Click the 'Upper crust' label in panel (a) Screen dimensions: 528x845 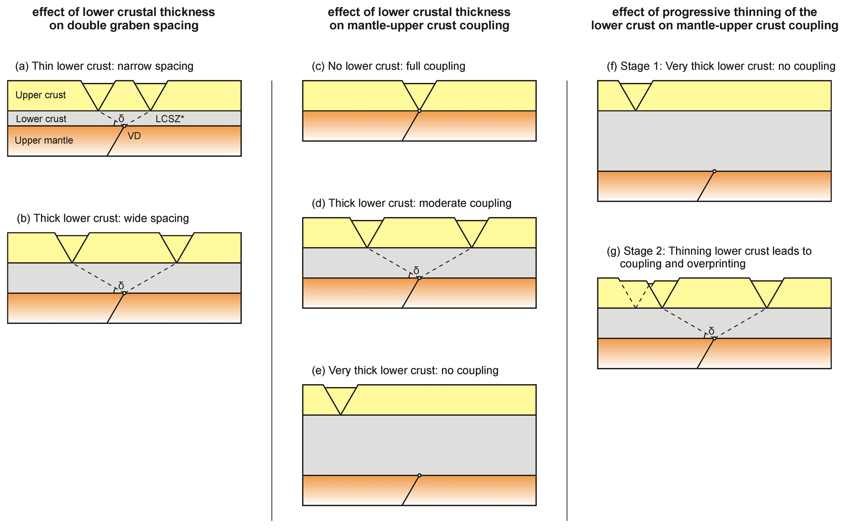pos(40,95)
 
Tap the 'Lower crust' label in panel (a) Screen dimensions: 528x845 pos(41,119)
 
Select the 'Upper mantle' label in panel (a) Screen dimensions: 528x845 pos(44,141)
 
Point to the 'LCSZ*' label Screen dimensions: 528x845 pos(170,119)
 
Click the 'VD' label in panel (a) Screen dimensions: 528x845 pos(134,136)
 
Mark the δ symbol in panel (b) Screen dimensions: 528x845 pos(121,286)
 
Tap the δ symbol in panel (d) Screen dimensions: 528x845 pos(416,271)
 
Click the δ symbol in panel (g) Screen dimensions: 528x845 pos(711,331)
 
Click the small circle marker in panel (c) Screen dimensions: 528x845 pos(419,111)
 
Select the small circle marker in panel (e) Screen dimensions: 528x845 pos(419,475)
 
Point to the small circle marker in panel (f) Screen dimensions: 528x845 pos(714,171)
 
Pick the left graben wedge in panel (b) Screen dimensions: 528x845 pos(72,245)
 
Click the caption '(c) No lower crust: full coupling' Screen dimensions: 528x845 pos(388,66)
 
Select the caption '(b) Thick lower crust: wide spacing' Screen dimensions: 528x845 pos(103,218)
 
